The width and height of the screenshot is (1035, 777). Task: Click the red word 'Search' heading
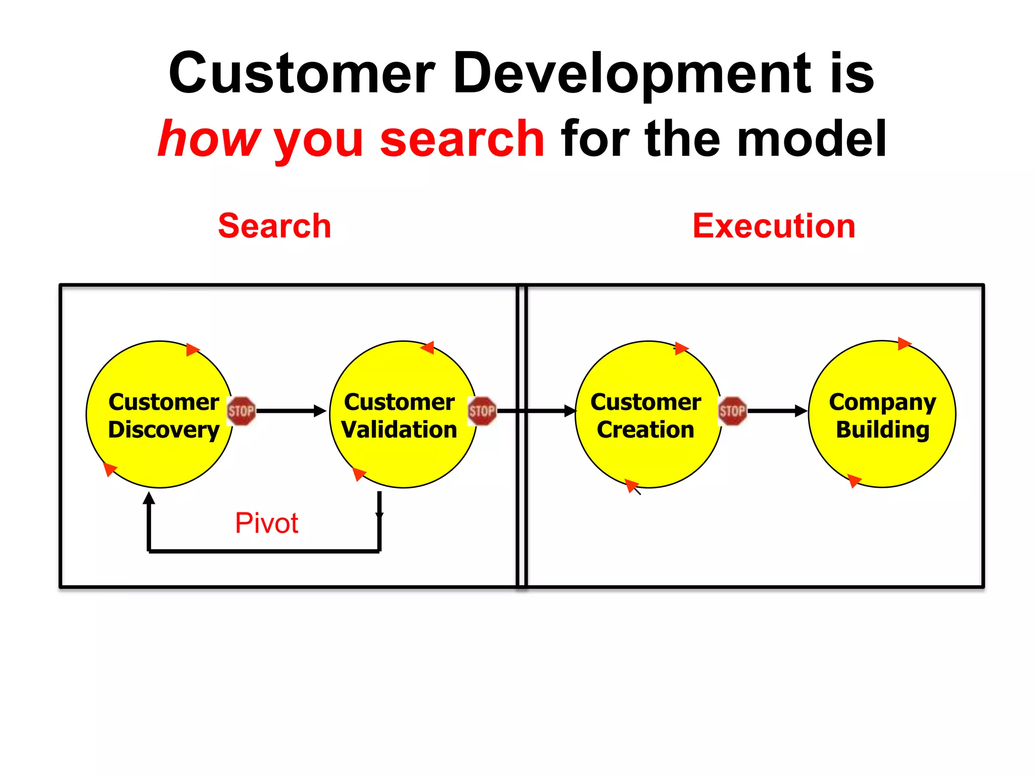[x=274, y=226]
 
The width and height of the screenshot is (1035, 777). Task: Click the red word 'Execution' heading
[x=774, y=226]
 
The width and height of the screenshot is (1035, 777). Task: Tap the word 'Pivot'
[x=266, y=523]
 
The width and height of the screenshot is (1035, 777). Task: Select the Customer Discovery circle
[x=160, y=455]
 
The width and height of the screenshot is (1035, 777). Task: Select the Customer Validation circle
[x=403, y=455]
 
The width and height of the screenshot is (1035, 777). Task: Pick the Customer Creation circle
[x=648, y=455]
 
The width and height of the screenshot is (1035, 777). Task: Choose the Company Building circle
[x=882, y=455]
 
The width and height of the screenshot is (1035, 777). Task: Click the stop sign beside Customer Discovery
[x=241, y=411]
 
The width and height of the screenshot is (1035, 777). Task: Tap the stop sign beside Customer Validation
[x=482, y=411]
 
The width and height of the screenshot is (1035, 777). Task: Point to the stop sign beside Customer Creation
[x=732, y=411]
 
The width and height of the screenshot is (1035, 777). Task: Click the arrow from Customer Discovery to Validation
[x=291, y=411]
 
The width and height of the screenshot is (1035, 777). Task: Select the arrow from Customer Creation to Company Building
[x=777, y=411]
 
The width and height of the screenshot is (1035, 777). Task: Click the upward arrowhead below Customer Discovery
[x=149, y=498]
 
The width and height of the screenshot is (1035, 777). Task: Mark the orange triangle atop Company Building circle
[x=904, y=343]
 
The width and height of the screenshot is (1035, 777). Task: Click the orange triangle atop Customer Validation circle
[x=428, y=347]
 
